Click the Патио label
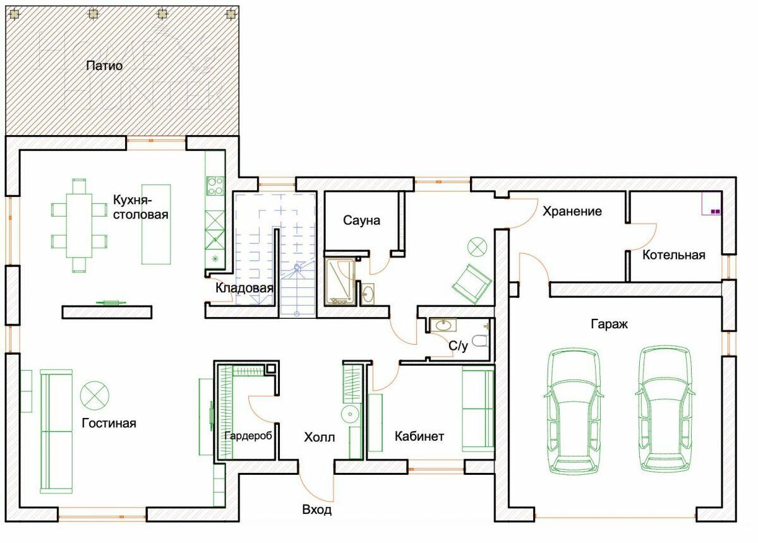point(105,65)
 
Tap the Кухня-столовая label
point(140,207)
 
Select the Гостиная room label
point(109,423)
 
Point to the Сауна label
point(362,220)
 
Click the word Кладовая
point(244,289)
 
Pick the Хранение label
point(572,212)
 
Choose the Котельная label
point(673,255)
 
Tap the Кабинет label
point(419,436)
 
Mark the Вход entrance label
point(317,510)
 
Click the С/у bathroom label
point(459,345)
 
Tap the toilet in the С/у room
point(481,342)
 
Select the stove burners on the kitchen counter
point(215,184)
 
